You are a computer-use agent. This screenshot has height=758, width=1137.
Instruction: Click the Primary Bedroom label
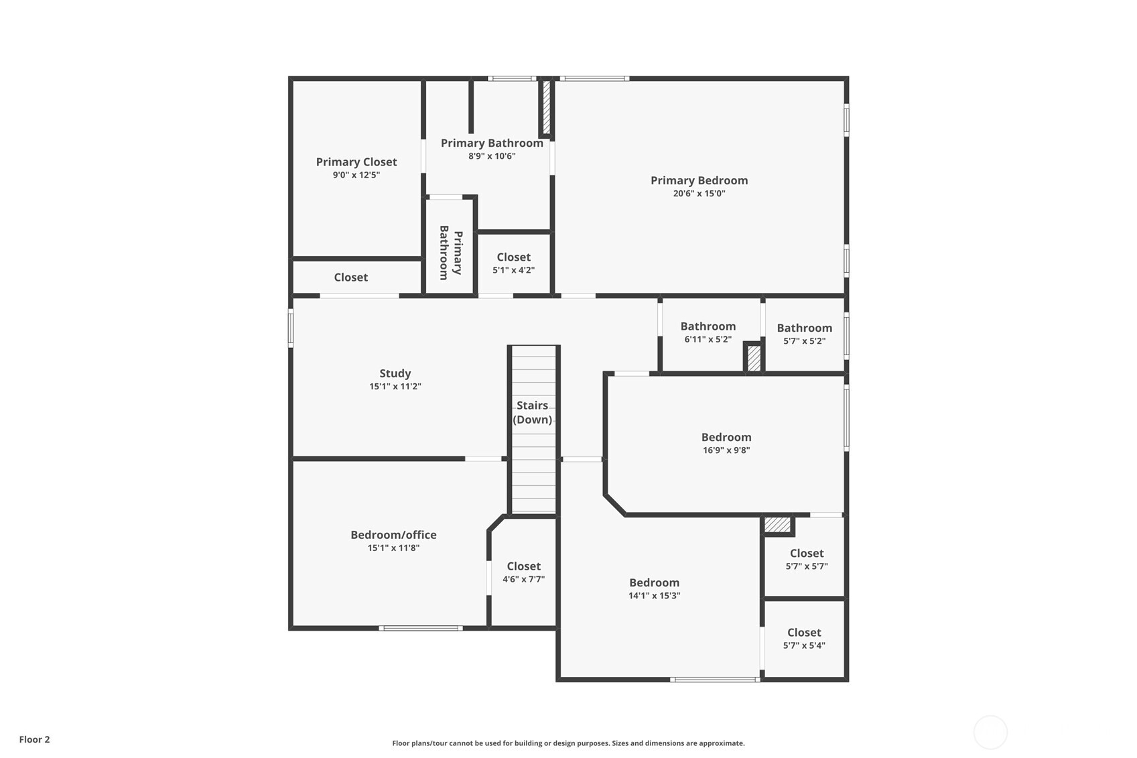click(699, 180)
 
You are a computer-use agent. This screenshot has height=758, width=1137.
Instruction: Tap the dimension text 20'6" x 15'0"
click(699, 194)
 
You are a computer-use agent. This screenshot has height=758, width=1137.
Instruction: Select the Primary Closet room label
click(356, 162)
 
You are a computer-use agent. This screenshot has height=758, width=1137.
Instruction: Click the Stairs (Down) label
click(533, 412)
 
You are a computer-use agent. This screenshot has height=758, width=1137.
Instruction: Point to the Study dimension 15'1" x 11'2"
click(395, 387)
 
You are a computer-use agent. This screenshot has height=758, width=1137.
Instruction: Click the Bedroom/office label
click(393, 535)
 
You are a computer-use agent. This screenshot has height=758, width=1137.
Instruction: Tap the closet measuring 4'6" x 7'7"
click(523, 572)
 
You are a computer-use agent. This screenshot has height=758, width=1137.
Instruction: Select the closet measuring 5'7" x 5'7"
click(806, 559)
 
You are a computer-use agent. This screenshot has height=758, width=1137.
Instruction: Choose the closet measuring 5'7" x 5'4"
click(804, 639)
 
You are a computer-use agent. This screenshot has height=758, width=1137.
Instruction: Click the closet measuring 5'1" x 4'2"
click(513, 263)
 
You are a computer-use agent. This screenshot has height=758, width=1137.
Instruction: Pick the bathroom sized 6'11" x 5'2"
click(708, 332)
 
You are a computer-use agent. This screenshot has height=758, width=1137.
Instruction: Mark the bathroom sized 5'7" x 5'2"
click(804, 334)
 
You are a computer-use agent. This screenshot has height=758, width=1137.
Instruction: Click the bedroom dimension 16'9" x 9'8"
click(726, 450)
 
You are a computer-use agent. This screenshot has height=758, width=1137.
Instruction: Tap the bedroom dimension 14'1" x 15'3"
click(654, 596)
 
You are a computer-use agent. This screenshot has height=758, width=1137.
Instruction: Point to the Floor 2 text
click(34, 740)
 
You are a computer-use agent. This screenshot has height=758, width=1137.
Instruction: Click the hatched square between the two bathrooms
click(754, 358)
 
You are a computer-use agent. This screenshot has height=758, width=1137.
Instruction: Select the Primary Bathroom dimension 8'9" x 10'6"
click(492, 156)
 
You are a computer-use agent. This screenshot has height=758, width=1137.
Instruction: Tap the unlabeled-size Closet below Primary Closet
click(350, 277)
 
